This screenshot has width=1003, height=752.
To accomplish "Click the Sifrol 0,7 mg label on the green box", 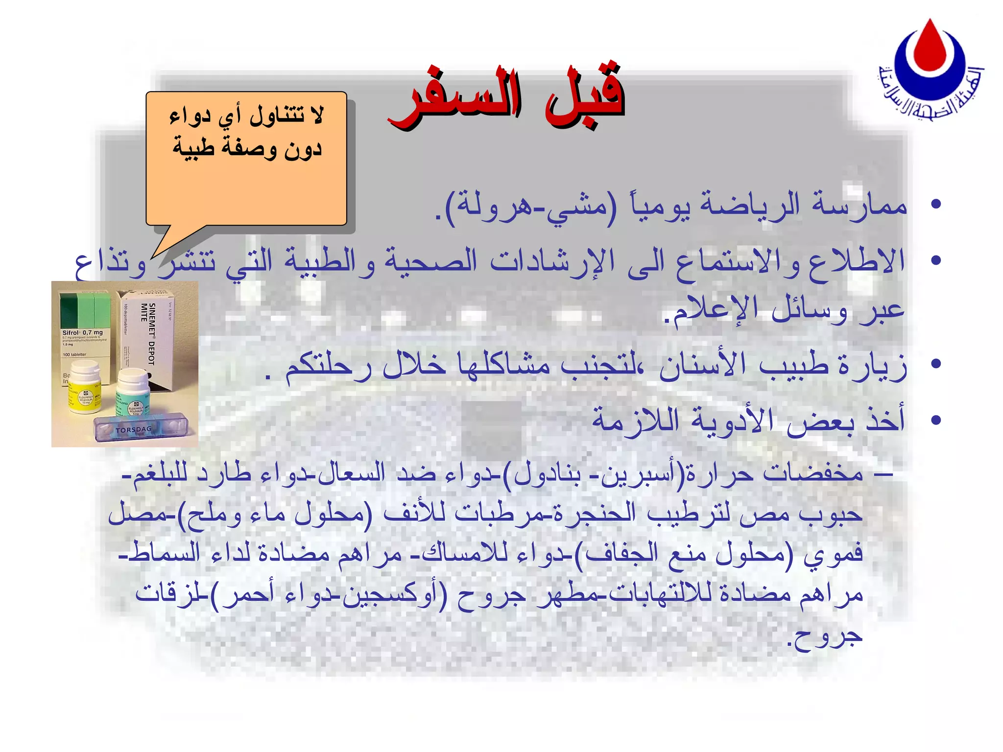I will pyautogui.click(x=82, y=333).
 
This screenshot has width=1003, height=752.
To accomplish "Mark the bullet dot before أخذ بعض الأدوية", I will pyautogui.click(x=936, y=420).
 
